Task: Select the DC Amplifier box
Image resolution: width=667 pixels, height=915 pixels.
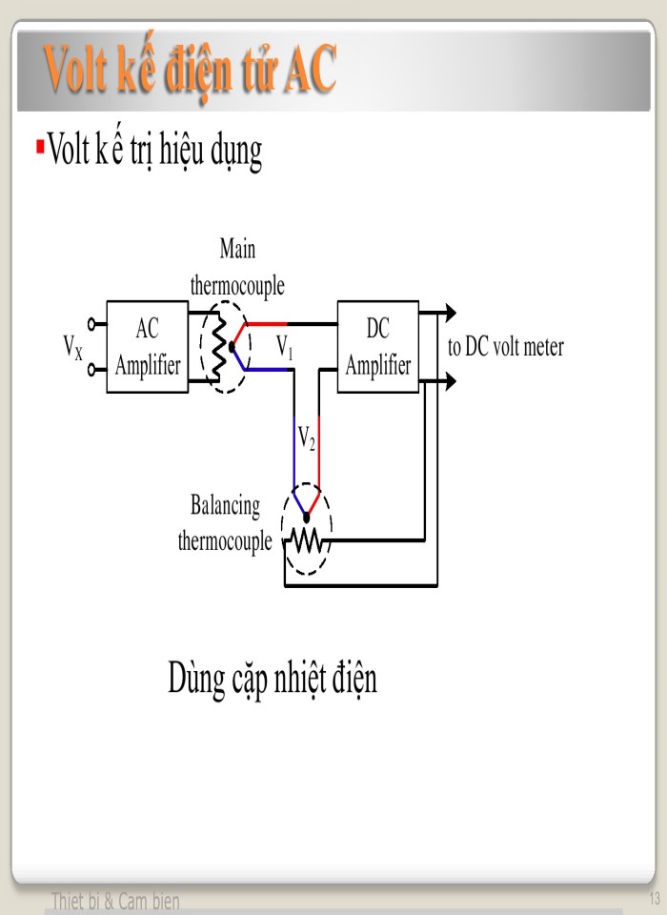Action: click(x=377, y=347)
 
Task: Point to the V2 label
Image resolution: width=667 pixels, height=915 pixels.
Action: click(x=306, y=437)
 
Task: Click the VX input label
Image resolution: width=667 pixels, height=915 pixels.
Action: click(x=72, y=346)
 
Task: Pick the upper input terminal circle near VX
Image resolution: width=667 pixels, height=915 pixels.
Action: click(x=91, y=323)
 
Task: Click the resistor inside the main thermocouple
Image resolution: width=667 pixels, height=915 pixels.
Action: click(x=217, y=347)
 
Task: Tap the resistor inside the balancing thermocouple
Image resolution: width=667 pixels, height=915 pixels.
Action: click(x=307, y=541)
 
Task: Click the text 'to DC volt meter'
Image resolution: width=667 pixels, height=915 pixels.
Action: click(x=505, y=347)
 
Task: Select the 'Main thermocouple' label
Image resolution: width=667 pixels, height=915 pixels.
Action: click(x=237, y=267)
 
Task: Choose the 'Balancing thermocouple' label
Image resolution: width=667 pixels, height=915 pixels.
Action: click(x=225, y=523)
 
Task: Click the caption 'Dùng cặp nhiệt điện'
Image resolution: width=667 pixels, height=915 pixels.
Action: click(x=273, y=679)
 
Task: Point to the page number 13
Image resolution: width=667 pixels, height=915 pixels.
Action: click(x=654, y=899)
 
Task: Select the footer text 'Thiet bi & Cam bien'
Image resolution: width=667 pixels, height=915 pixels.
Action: click(x=114, y=901)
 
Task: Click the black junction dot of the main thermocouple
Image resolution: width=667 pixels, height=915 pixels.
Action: click(x=232, y=348)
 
